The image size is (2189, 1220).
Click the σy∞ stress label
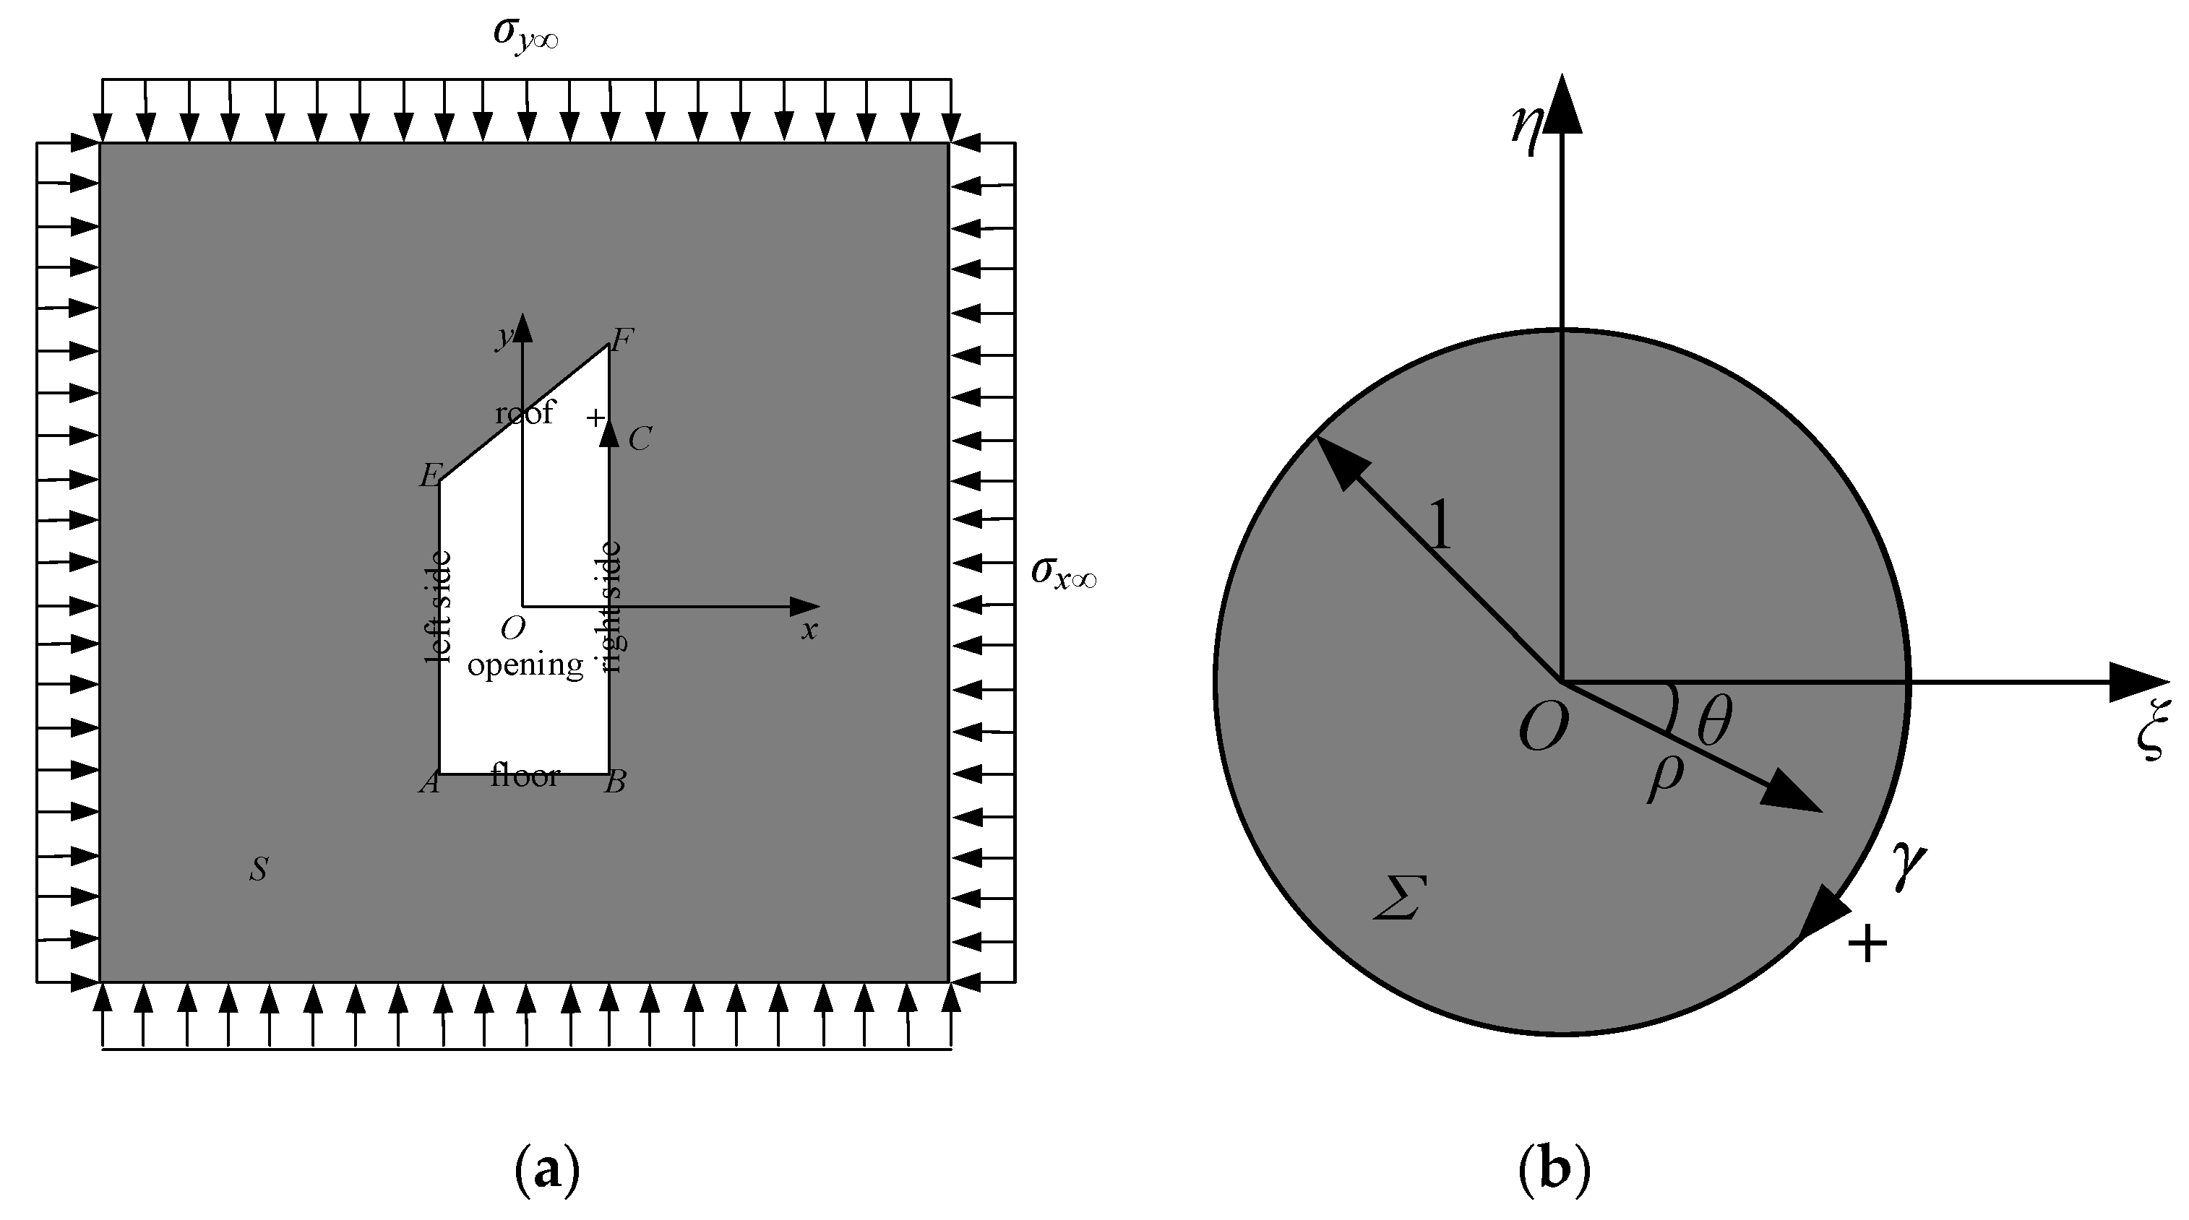pos(525,35)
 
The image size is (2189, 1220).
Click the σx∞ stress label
pos(1063,573)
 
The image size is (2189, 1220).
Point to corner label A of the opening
pos(429,782)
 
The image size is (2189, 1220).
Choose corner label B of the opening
pos(615,782)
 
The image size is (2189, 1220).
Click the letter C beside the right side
pos(639,439)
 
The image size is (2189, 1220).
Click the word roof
pos(525,413)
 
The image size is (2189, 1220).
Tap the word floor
pos(525,776)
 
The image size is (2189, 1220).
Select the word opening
pos(525,665)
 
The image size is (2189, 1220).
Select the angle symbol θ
pos(1714,722)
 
